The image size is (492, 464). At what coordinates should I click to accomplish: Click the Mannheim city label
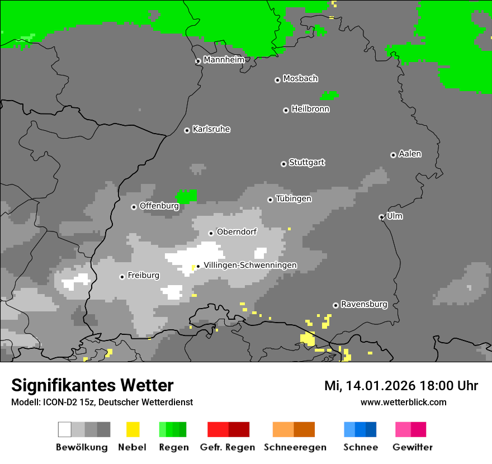(x=224, y=60)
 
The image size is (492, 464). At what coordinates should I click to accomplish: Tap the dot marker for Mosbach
(x=277, y=80)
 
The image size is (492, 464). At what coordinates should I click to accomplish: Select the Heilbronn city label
(x=310, y=109)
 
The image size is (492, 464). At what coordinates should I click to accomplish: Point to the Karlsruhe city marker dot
(x=187, y=130)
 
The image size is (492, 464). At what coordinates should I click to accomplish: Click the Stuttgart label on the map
(x=306, y=163)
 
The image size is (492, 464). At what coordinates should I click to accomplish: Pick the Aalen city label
(x=410, y=154)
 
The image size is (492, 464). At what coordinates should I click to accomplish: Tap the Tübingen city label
(x=294, y=198)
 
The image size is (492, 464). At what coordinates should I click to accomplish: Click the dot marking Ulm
(x=381, y=217)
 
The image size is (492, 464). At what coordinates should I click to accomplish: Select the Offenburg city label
(x=159, y=206)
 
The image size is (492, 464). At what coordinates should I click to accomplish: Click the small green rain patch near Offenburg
(x=186, y=197)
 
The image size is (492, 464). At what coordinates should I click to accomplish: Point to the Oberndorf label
(x=236, y=232)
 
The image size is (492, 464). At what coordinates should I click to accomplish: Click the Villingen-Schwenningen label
(x=250, y=265)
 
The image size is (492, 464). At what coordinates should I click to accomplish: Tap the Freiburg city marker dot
(x=122, y=277)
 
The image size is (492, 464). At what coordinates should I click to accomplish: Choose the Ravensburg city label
(x=364, y=305)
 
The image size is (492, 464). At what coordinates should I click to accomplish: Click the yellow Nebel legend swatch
(x=133, y=429)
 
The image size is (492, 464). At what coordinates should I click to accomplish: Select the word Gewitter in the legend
(x=413, y=447)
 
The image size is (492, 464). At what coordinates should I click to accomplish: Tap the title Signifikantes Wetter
(x=92, y=385)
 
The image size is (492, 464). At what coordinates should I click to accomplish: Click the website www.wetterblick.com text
(x=403, y=402)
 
